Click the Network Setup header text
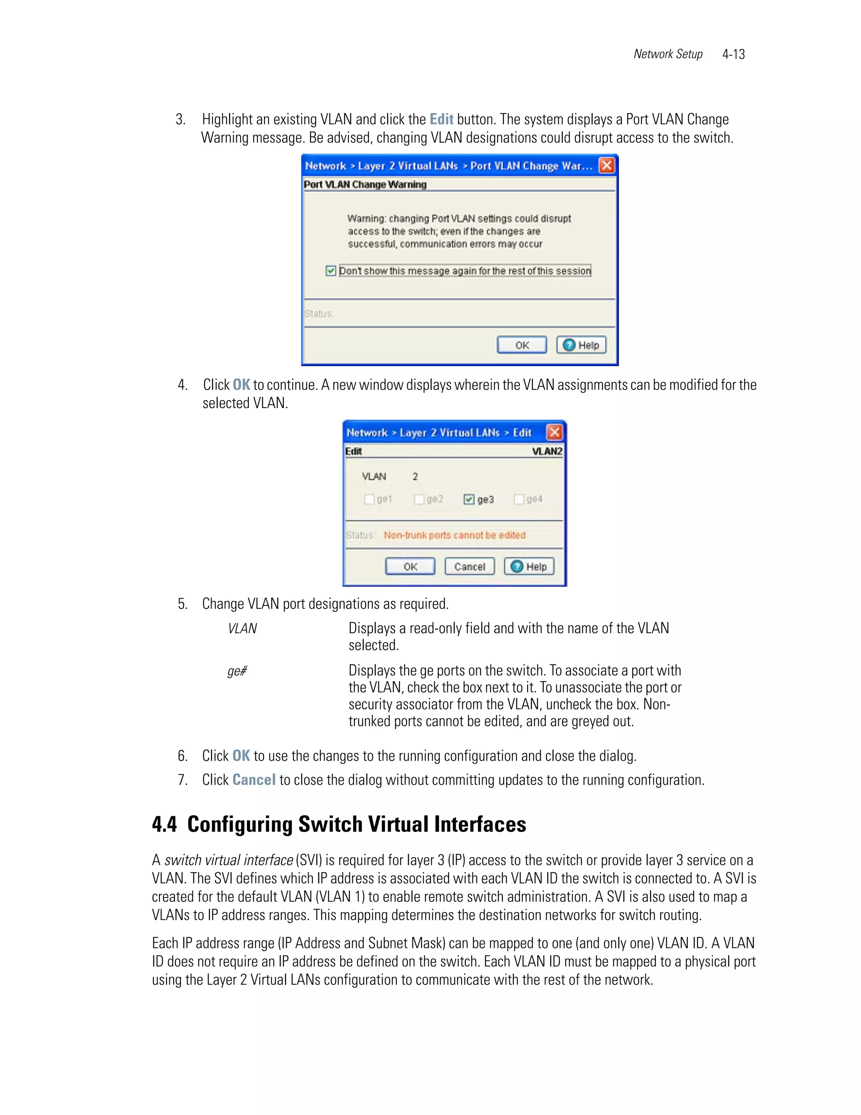[668, 54]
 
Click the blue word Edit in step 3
[441, 119]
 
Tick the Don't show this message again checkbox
[330, 271]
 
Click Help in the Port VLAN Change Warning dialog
[581, 345]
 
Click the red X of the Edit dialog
[554, 433]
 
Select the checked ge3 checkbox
[469, 499]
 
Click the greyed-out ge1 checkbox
[369, 499]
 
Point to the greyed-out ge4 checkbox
[519, 499]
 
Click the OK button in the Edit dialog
[410, 566]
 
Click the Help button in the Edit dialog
[529, 566]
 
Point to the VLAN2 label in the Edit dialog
[547, 451]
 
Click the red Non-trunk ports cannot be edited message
[454, 535]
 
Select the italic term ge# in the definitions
[237, 671]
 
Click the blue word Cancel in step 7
[254, 780]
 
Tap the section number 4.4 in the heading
[164, 825]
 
